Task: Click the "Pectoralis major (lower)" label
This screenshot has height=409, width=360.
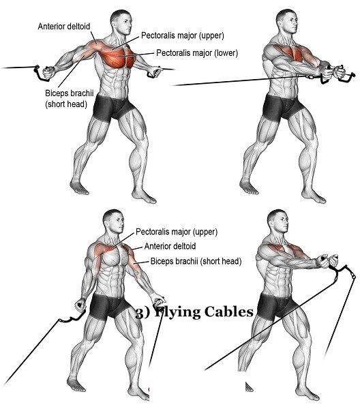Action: (x=197, y=53)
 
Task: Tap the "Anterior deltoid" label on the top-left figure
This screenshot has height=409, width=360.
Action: (x=64, y=27)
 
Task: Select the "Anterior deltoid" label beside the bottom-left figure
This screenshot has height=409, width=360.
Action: (x=170, y=246)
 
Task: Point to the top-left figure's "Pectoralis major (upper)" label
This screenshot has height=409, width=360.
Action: (x=182, y=35)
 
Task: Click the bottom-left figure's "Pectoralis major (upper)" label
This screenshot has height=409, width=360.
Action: (x=177, y=232)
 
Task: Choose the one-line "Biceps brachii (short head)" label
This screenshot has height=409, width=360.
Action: (x=196, y=261)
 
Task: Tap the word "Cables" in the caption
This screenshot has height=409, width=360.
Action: (x=229, y=312)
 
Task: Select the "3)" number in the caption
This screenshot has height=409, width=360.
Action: (x=143, y=312)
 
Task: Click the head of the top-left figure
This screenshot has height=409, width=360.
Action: (x=121, y=22)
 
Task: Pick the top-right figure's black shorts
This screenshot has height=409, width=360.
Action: (x=282, y=108)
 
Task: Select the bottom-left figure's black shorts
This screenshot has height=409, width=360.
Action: (x=109, y=307)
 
